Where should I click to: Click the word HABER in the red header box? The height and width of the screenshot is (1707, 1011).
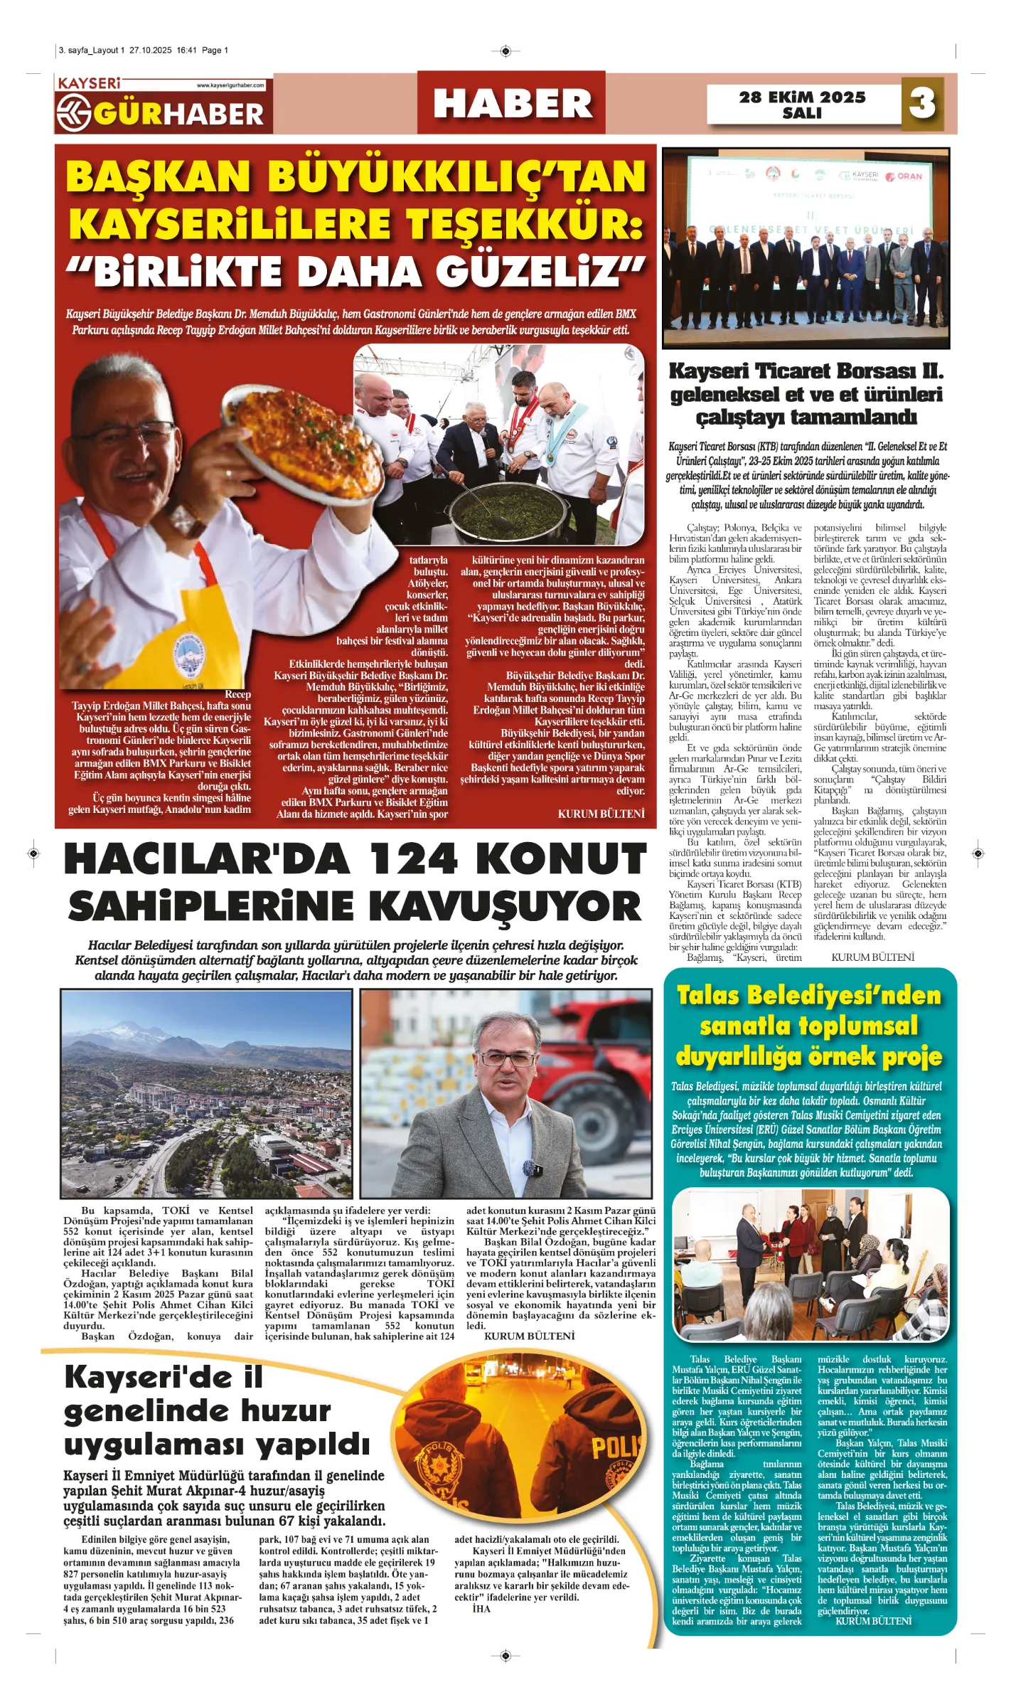(x=512, y=104)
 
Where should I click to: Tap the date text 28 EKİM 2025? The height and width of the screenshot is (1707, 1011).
(x=802, y=97)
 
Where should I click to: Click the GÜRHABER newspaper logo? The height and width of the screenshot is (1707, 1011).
(x=163, y=112)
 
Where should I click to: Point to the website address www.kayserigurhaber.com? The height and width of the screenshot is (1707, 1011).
(x=230, y=85)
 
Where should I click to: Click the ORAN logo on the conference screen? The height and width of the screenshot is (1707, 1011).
(x=904, y=176)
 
